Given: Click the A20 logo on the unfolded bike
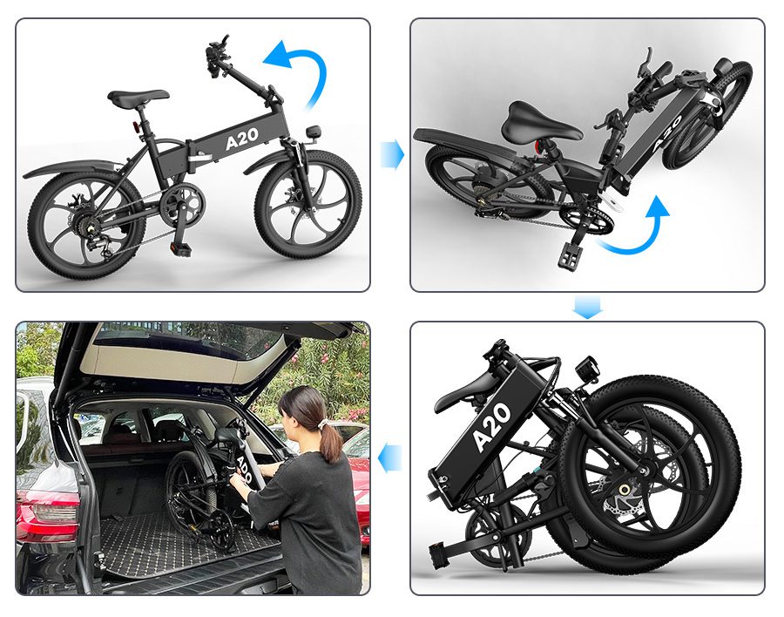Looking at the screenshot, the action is click(x=242, y=139).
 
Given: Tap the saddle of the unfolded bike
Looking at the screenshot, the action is click(x=139, y=97).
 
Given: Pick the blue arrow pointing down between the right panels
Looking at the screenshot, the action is click(x=587, y=307).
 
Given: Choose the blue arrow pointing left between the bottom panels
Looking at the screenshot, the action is click(x=390, y=459).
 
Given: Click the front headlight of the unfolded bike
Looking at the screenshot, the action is click(x=314, y=132).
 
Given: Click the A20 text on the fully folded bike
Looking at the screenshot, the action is click(x=491, y=427).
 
